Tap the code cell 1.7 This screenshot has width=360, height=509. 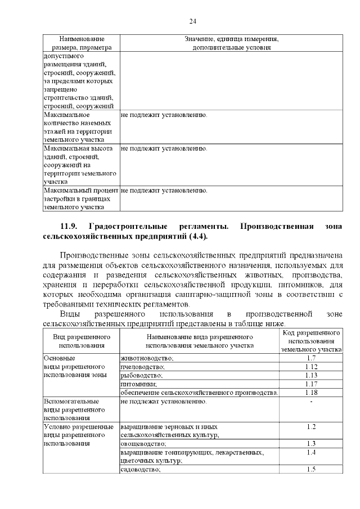[x=311, y=358]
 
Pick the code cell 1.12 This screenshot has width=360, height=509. [x=311, y=366]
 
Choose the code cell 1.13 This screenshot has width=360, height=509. [x=311, y=375]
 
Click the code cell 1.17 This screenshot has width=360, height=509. [x=311, y=383]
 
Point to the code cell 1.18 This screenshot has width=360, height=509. [x=311, y=392]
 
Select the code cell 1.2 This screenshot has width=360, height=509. [x=311, y=426]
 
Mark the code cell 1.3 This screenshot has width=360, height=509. [x=311, y=443]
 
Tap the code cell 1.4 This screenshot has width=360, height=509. [x=311, y=452]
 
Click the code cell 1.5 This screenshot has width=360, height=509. [x=311, y=469]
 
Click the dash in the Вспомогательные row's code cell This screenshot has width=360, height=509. [x=311, y=402]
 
